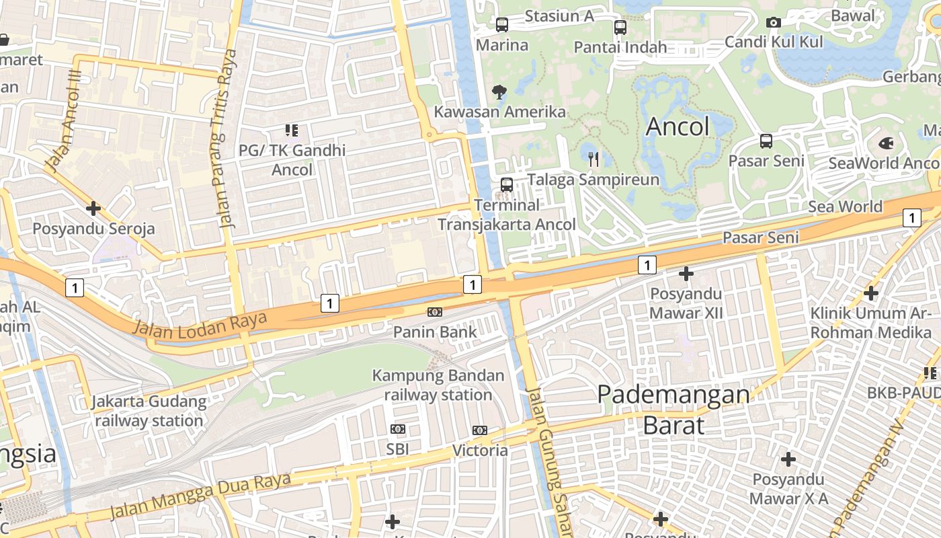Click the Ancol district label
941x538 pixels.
point(678,126)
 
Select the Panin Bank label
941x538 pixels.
point(435,332)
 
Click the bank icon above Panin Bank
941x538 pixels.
point(435,312)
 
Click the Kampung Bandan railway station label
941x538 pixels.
point(438,385)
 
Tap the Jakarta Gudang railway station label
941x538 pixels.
point(149,411)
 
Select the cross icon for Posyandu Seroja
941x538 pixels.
point(93,208)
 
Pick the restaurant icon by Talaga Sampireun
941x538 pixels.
point(593,159)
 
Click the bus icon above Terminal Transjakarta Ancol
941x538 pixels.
point(507,184)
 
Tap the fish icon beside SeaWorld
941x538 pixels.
point(886,143)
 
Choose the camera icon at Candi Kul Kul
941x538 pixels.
point(774,23)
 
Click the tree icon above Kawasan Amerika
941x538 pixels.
point(499,91)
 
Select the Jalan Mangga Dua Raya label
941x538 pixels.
point(200,497)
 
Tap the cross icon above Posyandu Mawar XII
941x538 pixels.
point(686,274)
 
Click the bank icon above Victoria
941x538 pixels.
point(479,430)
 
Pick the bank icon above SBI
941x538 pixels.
point(398,429)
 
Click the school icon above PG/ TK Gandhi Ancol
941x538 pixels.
point(291,130)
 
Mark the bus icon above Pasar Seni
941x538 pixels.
point(766,141)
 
